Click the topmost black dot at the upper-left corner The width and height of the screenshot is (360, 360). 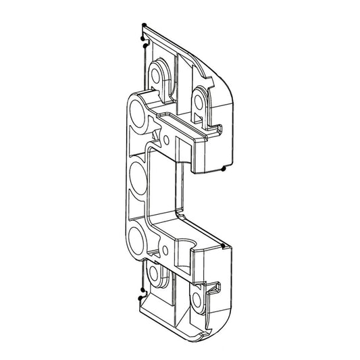click(x=143, y=26)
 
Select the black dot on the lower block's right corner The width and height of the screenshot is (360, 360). click(x=224, y=241)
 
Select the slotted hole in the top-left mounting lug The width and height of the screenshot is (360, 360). click(x=161, y=72)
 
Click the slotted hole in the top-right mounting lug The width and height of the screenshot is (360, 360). click(x=200, y=101)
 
